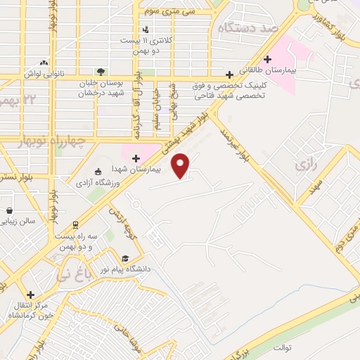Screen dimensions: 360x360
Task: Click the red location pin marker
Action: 182,166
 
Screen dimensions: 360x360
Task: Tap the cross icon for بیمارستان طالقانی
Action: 266,60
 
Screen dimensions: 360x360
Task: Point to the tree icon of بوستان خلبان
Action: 101,71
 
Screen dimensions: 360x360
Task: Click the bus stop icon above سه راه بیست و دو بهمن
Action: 75,225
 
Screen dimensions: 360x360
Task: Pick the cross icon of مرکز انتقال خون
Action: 30,295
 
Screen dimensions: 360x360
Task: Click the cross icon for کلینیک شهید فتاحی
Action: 229,74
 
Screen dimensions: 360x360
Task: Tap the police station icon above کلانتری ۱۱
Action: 145,30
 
